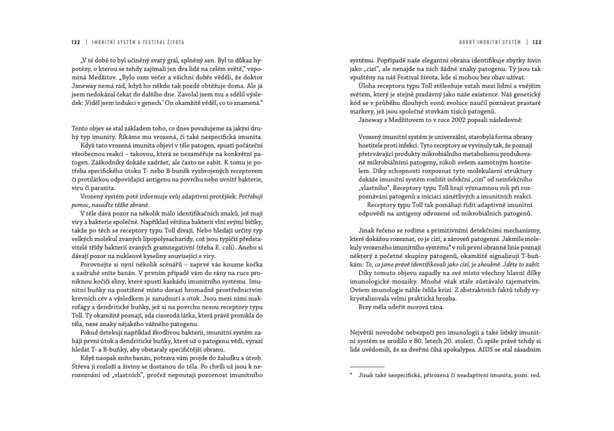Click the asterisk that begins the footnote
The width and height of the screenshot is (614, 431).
pyautogui.click(x=351, y=375)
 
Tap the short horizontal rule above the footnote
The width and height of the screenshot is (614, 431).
pyautogui.click(x=366, y=367)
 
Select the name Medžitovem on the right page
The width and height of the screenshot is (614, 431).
pyautogui.click(x=395, y=119)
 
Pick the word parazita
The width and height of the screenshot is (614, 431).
pyautogui.click(x=101, y=187)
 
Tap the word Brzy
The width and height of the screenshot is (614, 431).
pyautogui.click(x=358, y=307)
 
